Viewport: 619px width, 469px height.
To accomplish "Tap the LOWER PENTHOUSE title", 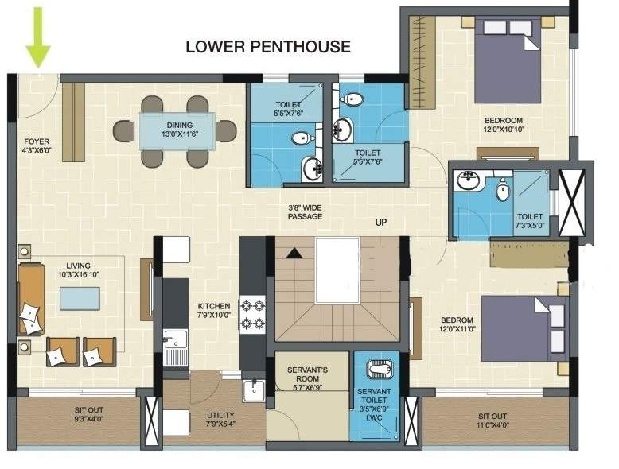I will [x=268, y=46].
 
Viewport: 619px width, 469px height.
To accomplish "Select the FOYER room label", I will [x=37, y=146].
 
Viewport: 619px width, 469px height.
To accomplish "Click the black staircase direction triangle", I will [x=294, y=253].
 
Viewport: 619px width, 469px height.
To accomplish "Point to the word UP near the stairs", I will [x=381, y=223].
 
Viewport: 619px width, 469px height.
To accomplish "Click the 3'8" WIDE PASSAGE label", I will [x=306, y=211].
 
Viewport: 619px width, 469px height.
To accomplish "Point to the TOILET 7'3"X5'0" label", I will [x=530, y=221].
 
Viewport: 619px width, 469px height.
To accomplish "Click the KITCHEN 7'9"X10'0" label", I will [x=214, y=310].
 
